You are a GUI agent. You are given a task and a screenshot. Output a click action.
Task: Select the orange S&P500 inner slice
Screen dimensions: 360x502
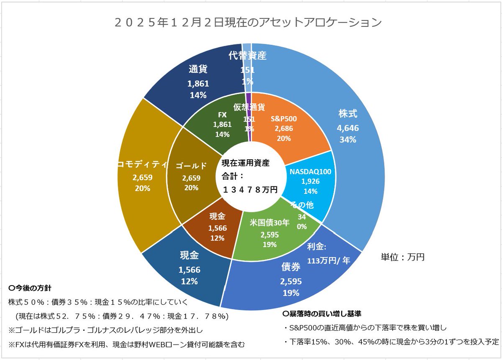(289, 125)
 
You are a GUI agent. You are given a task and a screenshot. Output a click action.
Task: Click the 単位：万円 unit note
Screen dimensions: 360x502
(402, 257)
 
